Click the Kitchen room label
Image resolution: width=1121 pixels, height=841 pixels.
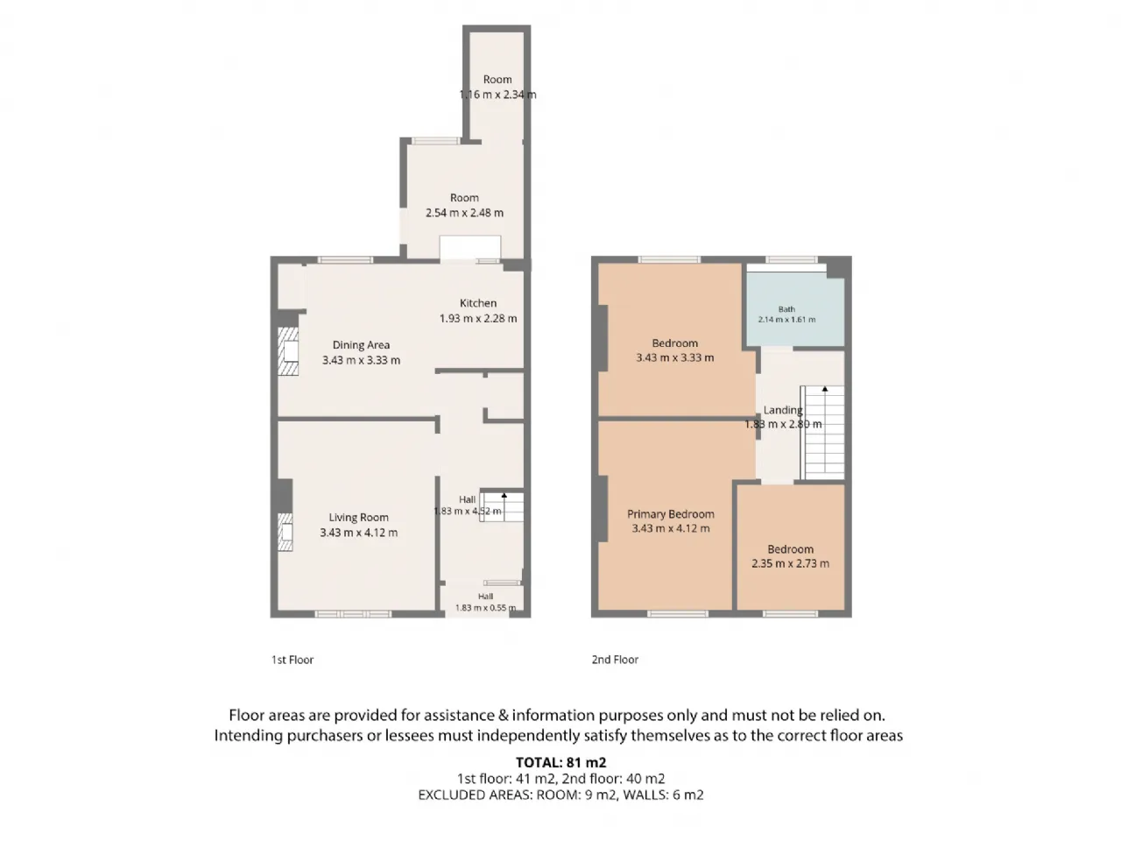click(x=477, y=303)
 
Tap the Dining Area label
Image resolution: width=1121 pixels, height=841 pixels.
click(x=361, y=345)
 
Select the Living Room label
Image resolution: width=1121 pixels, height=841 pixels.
click(x=358, y=517)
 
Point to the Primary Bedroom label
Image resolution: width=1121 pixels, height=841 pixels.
click(x=670, y=514)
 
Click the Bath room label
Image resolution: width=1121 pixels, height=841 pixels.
click(x=786, y=309)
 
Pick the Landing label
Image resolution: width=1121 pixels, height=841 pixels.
click(x=783, y=410)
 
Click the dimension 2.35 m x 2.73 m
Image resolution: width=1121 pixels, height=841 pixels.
click(x=790, y=563)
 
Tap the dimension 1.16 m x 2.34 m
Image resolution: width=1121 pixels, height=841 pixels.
click(x=497, y=95)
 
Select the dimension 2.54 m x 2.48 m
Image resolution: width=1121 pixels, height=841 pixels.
click(x=464, y=213)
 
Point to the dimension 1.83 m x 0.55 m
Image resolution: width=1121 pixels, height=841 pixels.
click(x=485, y=608)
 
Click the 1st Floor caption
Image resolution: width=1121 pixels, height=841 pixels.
click(x=293, y=660)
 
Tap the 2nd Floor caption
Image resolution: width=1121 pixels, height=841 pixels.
click(x=615, y=660)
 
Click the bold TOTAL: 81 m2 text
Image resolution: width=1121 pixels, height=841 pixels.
click(x=560, y=762)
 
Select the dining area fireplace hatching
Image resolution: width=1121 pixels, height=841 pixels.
click(x=287, y=351)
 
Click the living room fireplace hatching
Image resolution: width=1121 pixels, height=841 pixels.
click(x=285, y=532)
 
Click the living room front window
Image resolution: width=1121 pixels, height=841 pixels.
click(x=353, y=614)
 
